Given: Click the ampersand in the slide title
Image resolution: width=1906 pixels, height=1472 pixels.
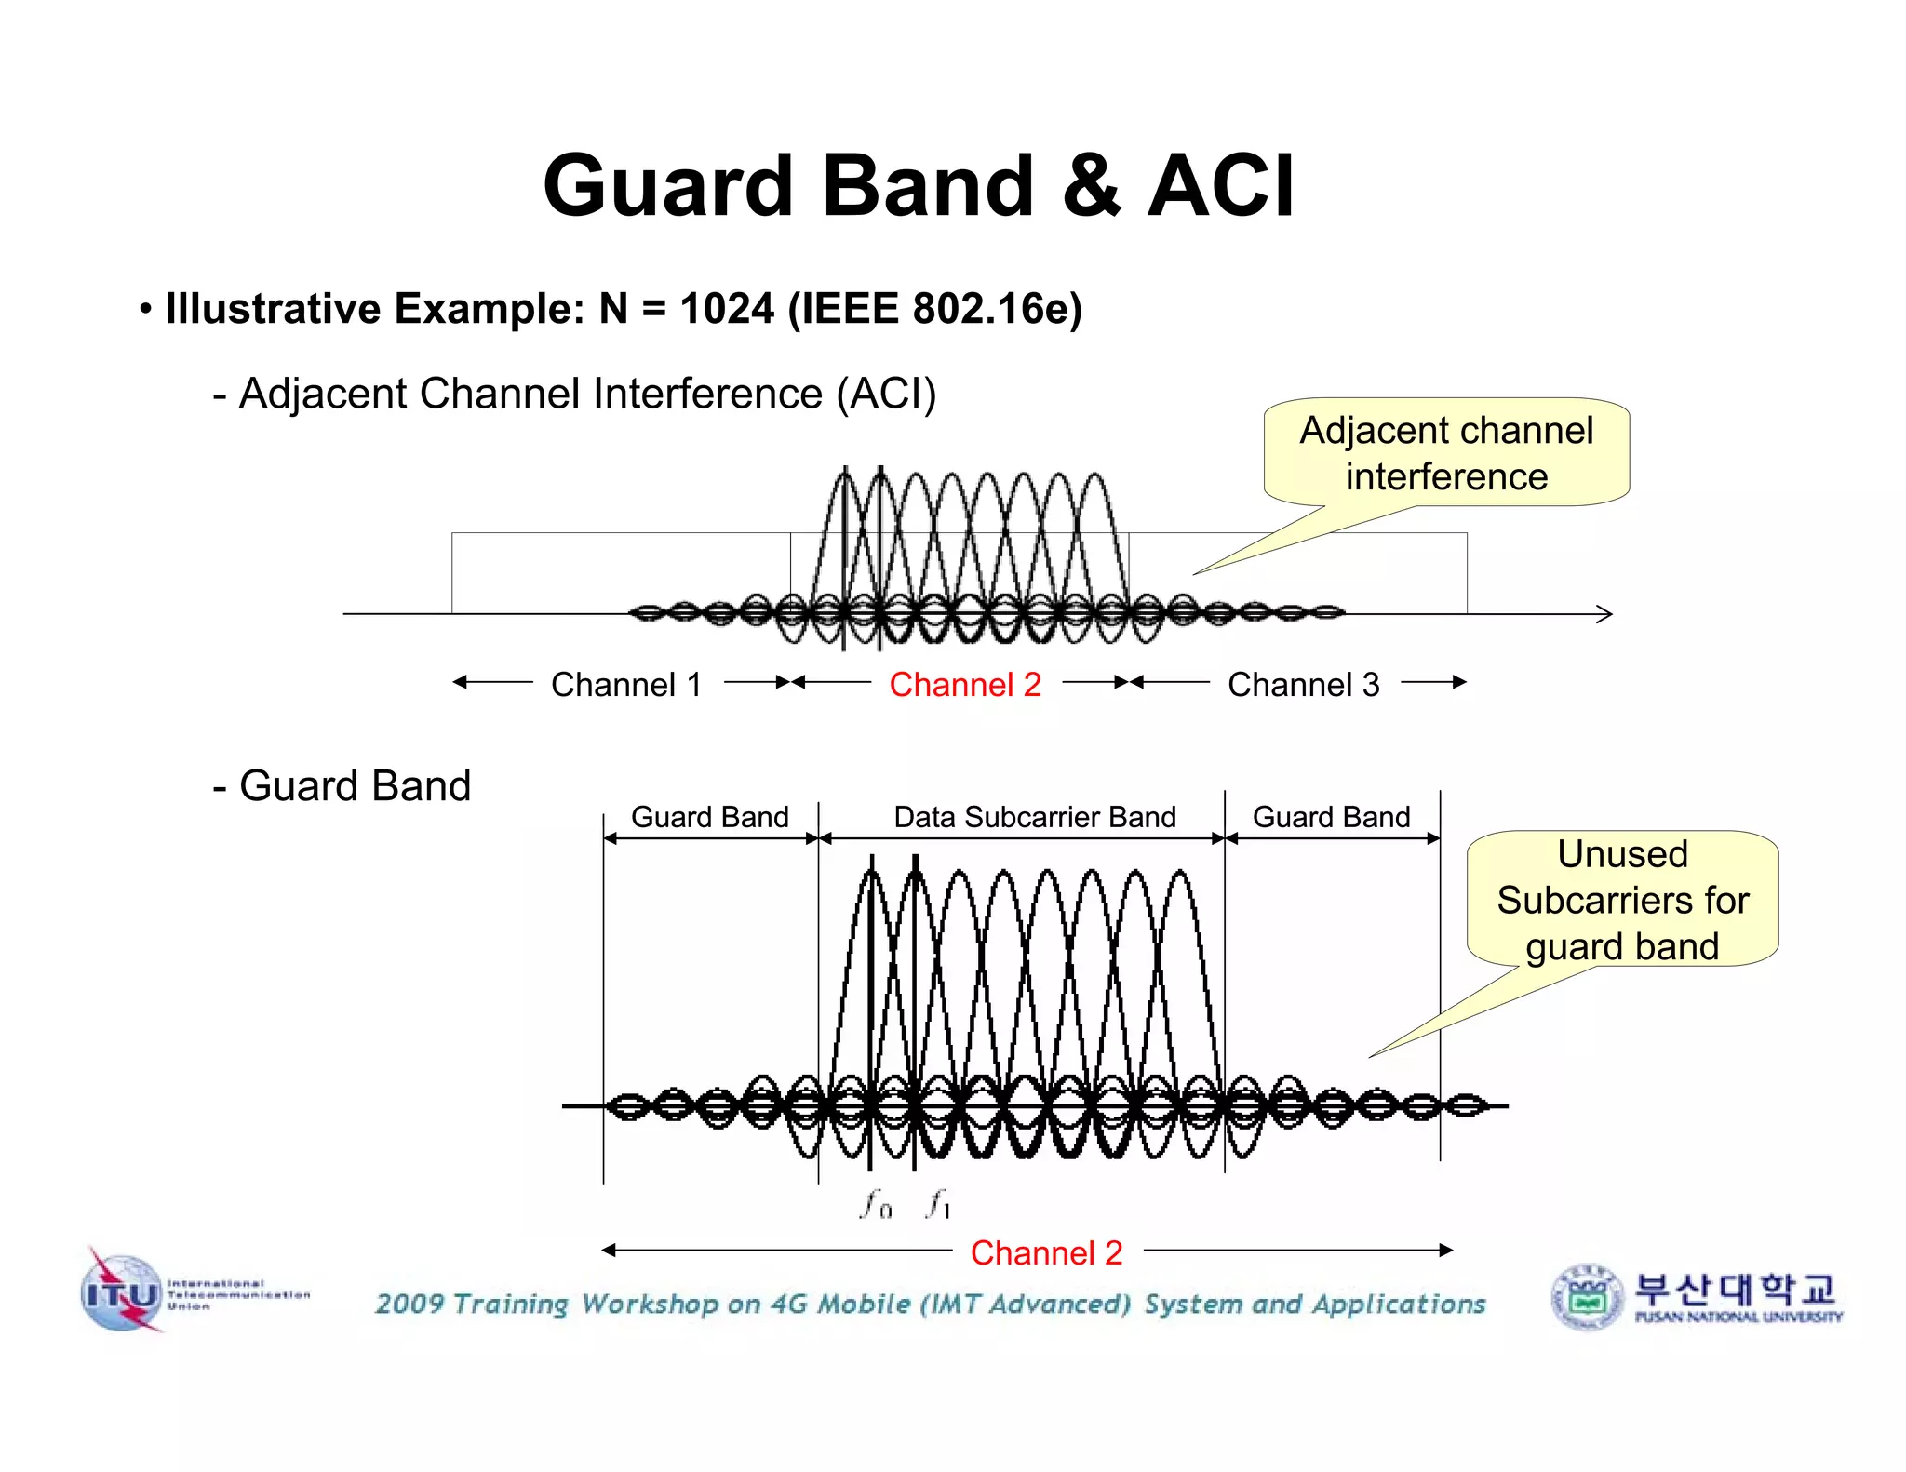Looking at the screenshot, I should [1091, 186].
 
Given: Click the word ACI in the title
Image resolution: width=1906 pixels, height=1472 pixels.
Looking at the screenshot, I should [1220, 186].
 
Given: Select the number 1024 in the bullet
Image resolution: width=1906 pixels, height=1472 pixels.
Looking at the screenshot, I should [727, 309].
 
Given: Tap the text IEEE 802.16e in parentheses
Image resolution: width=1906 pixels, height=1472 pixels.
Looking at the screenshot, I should [935, 309].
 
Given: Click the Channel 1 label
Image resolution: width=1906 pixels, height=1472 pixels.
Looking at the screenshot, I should [626, 685].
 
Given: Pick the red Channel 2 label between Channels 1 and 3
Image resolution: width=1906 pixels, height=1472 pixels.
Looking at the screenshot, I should [965, 685].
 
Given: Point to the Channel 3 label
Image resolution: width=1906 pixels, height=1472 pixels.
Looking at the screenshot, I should [1303, 685].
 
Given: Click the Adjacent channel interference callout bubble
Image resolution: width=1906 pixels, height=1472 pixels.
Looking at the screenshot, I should [1446, 453].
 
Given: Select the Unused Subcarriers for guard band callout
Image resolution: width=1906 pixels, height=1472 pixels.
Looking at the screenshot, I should [1622, 900].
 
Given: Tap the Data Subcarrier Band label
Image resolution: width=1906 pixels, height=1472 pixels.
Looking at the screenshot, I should [1035, 817].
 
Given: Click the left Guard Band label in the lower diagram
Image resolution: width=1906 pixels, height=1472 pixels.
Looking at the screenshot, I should [709, 817].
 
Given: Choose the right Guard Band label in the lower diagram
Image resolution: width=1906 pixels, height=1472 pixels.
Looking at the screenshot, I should [1331, 817].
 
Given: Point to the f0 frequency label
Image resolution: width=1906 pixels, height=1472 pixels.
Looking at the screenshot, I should [876, 1204].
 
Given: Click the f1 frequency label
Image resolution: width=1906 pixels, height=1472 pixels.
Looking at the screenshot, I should [938, 1204].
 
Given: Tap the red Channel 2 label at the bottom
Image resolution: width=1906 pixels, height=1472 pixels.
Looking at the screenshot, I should [1046, 1253].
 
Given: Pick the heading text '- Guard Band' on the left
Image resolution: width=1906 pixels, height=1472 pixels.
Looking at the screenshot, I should [342, 786].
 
